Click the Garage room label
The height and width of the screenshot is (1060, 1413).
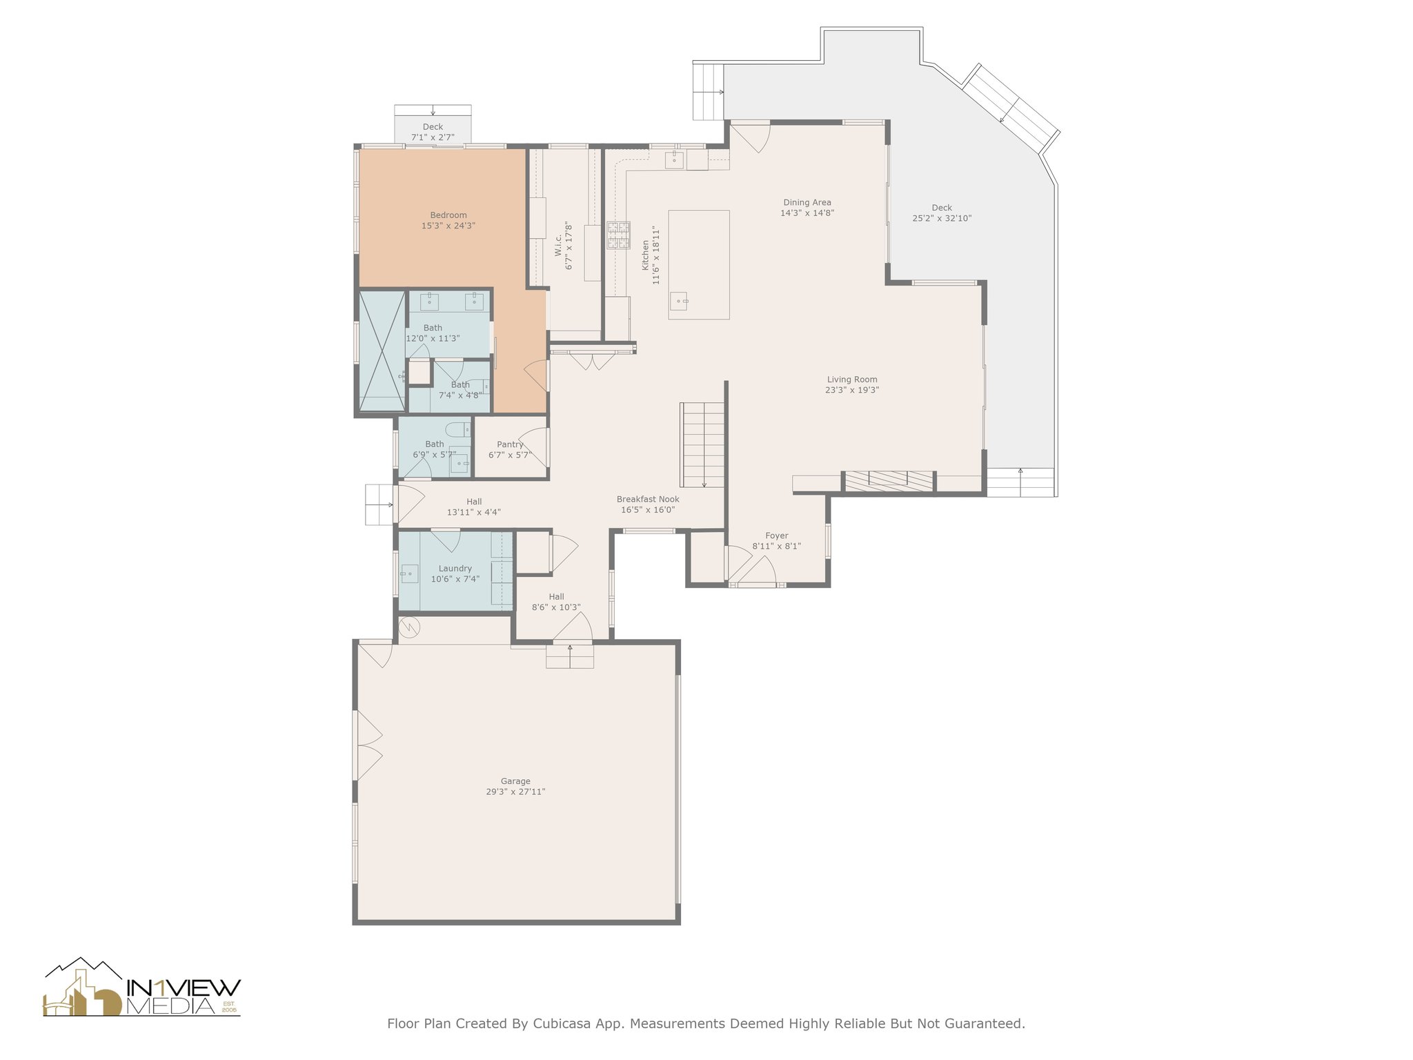[x=515, y=781]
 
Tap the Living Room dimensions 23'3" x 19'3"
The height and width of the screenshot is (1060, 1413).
[x=852, y=390]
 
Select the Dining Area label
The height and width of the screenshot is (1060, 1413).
[x=807, y=202]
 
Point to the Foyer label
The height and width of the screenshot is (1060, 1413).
[x=776, y=536]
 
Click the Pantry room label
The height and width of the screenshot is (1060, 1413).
[x=510, y=444]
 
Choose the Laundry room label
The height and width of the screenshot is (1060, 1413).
[x=455, y=569]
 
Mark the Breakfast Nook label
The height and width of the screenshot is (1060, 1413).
[x=648, y=499]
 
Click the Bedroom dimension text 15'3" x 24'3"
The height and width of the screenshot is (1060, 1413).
[x=448, y=226]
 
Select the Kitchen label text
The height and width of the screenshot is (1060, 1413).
[x=646, y=255]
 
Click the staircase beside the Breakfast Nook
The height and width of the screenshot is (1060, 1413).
[x=703, y=444]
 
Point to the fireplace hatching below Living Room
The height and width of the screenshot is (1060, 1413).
[x=889, y=480]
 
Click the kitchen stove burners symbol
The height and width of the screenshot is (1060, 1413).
[x=618, y=235]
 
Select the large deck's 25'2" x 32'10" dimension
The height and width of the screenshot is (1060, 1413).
[x=942, y=218]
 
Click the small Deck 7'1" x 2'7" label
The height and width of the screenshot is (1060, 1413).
[x=433, y=132]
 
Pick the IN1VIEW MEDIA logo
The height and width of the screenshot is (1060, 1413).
[x=142, y=987]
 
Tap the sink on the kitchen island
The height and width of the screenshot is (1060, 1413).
[x=679, y=301]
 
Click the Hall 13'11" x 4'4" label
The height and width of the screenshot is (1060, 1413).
[x=474, y=507]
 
